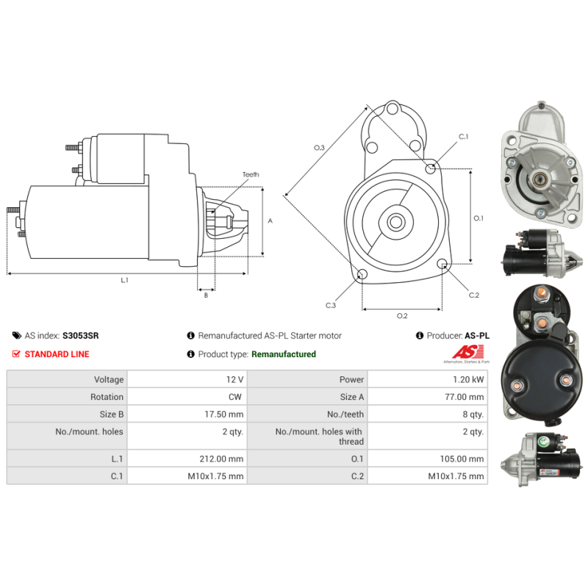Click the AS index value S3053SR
click(x=81, y=335)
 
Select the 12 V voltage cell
click(x=236, y=379)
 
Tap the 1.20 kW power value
click(x=469, y=379)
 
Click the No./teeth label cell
click(x=346, y=415)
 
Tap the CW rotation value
click(x=237, y=397)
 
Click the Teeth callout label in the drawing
click(x=251, y=174)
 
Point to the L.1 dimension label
click(x=125, y=280)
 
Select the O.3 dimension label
click(x=319, y=148)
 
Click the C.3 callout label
click(x=331, y=305)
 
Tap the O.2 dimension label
click(x=402, y=316)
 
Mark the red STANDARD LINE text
click(x=57, y=354)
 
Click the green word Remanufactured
click(x=283, y=354)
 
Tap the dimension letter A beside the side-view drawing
click(x=270, y=220)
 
